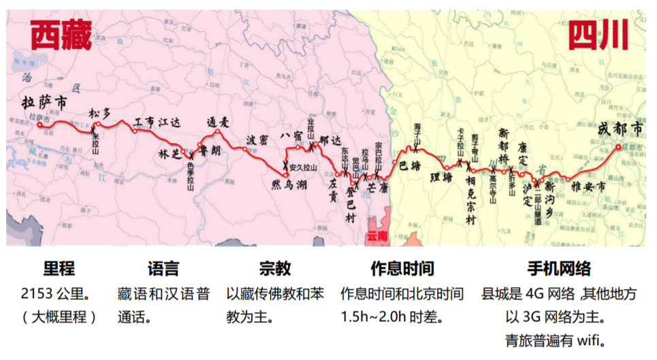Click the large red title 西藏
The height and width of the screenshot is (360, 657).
[61, 35]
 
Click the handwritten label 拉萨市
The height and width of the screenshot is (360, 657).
[44, 103]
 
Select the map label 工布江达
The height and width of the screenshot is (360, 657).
[157, 122]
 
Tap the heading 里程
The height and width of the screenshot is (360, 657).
[59, 267]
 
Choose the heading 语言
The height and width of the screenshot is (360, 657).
[163, 267]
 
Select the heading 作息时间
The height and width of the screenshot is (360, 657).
[402, 267]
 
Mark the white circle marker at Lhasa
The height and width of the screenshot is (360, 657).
[39, 125]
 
